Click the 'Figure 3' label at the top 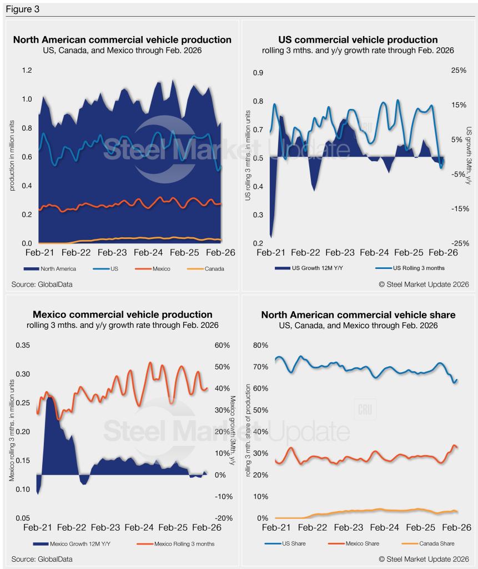pyautogui.click(x=22, y=9)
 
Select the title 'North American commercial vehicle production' pyautogui.click(x=122, y=40)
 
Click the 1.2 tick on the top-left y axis pyautogui.click(x=27, y=71)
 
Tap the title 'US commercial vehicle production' pyautogui.click(x=358, y=40)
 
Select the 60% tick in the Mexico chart pyautogui.click(x=222, y=345)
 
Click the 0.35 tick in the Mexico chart pyautogui.click(x=22, y=345)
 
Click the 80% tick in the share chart pyautogui.click(x=261, y=345)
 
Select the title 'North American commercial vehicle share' pyautogui.click(x=358, y=315)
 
